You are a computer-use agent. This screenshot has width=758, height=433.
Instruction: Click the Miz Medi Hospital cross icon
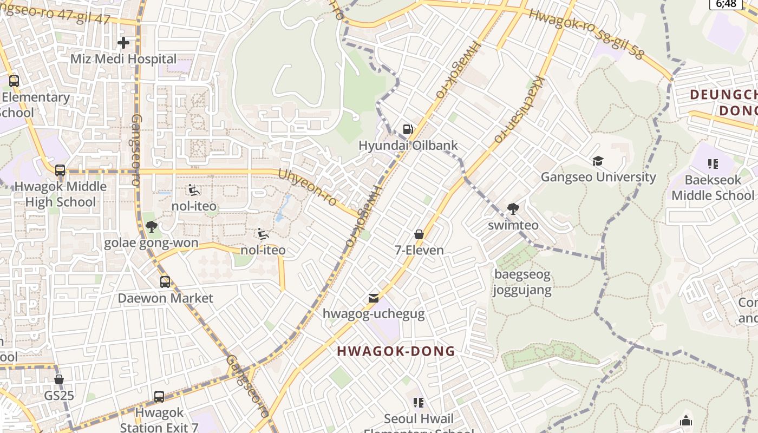point(123,42)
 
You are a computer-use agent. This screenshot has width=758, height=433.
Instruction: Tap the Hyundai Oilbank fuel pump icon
point(408,129)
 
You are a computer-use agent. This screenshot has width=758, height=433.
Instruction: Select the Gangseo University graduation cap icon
point(598,161)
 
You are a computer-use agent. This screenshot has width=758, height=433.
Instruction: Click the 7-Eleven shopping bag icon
point(419,234)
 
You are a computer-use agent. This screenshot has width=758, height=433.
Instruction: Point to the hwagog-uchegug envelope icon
point(373,298)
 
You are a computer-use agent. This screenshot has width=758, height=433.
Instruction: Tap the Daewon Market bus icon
point(165,281)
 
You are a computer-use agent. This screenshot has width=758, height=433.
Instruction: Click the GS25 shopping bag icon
point(59,379)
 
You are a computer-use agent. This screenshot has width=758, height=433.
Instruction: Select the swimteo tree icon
point(513,208)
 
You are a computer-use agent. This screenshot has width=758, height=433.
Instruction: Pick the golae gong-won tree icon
point(152,227)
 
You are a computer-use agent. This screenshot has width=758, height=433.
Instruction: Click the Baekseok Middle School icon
point(713,163)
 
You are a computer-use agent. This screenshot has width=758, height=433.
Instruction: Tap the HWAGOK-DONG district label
point(396,351)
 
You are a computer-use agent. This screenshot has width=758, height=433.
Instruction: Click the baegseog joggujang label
point(522,282)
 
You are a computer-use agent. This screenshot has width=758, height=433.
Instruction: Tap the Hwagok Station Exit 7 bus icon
point(159,396)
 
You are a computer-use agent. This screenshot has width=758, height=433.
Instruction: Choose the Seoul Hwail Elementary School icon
point(418,402)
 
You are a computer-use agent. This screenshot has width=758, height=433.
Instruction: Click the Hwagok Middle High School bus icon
point(60,170)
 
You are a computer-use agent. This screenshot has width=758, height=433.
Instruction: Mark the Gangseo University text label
point(598,177)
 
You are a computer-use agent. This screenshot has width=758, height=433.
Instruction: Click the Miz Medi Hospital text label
point(123,58)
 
